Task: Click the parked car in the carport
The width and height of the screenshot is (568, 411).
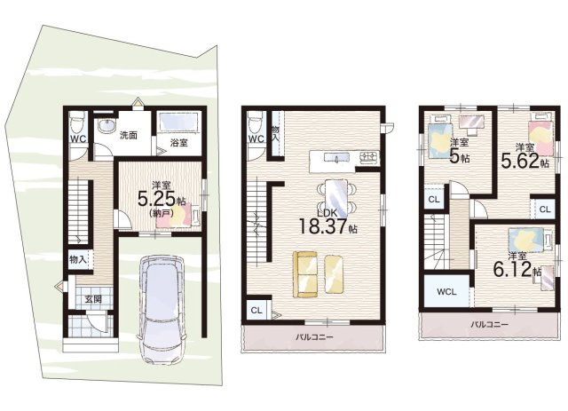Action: [x=162, y=309]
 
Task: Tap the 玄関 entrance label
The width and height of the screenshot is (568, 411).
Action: [x=93, y=299]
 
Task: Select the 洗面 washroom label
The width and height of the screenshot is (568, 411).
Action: [x=128, y=136]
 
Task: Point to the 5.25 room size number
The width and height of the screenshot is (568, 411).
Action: [x=157, y=198]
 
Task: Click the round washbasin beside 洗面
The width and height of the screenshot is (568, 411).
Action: [x=107, y=126]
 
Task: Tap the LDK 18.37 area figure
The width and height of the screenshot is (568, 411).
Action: [x=323, y=226]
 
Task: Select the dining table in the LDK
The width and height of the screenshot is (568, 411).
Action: [x=336, y=199]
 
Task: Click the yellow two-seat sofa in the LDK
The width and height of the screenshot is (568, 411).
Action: [x=305, y=274]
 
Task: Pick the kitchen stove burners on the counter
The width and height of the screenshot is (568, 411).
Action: [x=369, y=157]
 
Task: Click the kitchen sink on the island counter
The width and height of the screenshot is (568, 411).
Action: [x=336, y=157]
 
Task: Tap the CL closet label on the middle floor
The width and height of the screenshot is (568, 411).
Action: [x=256, y=311]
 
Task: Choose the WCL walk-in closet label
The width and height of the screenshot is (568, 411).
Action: [x=446, y=292]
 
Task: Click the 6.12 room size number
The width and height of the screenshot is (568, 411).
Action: [x=513, y=269]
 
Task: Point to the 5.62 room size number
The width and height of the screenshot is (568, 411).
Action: [x=520, y=161]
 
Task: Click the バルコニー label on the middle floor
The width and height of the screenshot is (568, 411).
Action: [x=314, y=337]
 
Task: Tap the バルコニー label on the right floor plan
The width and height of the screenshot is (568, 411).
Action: [x=489, y=324]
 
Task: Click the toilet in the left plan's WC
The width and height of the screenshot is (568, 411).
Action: [x=77, y=122]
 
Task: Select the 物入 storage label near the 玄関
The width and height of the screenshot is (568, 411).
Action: [x=78, y=259]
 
